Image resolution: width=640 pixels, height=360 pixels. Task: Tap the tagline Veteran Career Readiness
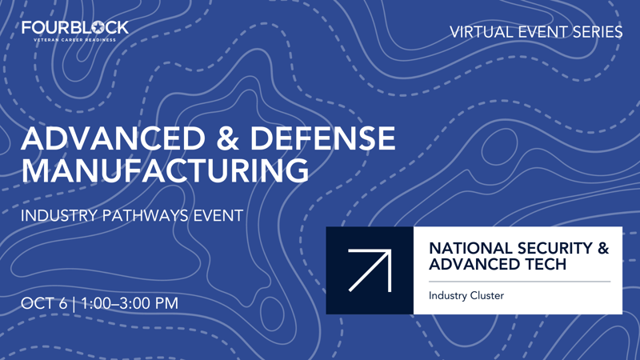(74, 39)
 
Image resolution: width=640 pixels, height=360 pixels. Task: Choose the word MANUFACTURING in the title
(165, 170)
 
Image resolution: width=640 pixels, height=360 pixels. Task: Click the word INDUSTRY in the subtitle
(59, 215)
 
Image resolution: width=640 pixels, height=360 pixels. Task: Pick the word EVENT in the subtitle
(218, 215)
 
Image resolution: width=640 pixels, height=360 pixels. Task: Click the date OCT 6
(45, 304)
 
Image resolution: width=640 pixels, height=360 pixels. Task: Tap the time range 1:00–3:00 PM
(130, 304)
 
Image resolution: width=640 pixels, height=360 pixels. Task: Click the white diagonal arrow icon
(370, 270)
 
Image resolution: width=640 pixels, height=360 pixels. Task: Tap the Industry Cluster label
(466, 296)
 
